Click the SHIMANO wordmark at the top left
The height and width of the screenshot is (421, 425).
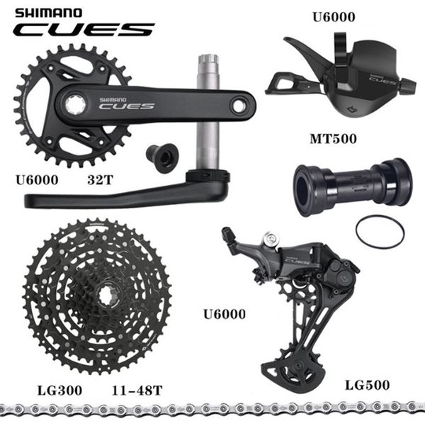tap(48, 13)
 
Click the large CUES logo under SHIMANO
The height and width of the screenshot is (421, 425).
tap(84, 30)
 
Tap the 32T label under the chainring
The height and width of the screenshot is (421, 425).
tap(100, 180)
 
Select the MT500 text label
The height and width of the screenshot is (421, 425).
tap(333, 139)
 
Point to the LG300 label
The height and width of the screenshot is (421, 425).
tap(59, 391)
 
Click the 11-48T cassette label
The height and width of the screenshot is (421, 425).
tap(137, 391)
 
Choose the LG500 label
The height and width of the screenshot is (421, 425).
tap(367, 385)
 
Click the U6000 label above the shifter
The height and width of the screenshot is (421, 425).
tap(334, 17)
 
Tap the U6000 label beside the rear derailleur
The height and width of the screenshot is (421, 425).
tap(225, 314)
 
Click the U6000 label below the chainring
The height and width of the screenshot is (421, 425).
tap(37, 180)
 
